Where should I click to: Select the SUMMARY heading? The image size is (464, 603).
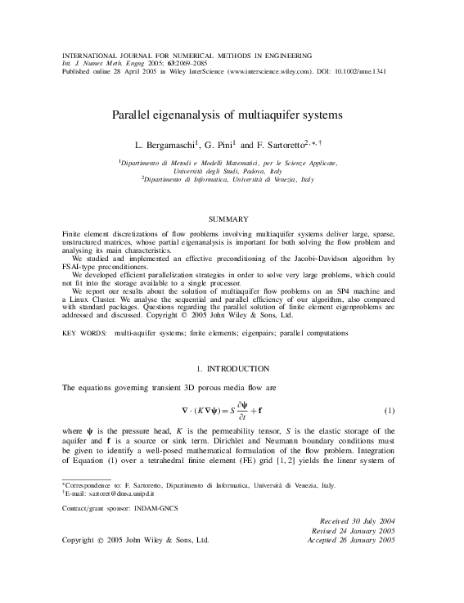[229, 219]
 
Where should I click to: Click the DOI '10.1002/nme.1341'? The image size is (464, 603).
[361, 70]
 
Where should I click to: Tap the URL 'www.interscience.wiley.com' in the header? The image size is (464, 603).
[264, 70]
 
